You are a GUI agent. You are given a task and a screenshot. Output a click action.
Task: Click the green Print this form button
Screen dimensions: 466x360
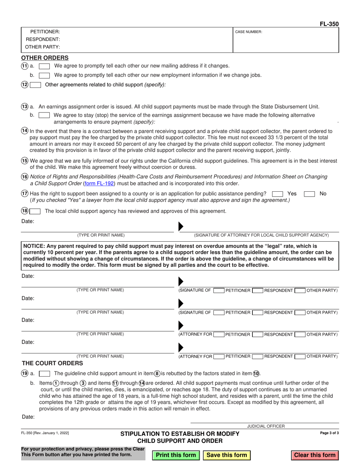[176, 455]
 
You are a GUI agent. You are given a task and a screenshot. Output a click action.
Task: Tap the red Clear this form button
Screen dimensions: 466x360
[315, 455]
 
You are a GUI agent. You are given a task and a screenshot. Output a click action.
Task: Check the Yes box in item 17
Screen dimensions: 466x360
[278, 194]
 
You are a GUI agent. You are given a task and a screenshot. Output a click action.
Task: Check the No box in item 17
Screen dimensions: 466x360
[310, 194]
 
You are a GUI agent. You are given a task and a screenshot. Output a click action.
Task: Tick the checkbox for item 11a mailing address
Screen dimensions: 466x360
[44, 66]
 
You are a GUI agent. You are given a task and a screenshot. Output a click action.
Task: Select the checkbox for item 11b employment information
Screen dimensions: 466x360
[44, 75]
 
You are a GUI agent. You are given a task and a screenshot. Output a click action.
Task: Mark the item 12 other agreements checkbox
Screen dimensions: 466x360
[36, 85]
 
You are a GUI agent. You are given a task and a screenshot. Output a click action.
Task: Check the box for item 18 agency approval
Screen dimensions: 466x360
[36, 211]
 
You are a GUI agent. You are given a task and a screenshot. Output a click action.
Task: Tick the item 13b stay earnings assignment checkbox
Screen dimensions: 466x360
[44, 115]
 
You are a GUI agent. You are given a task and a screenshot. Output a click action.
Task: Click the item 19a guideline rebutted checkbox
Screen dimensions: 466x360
[44, 374]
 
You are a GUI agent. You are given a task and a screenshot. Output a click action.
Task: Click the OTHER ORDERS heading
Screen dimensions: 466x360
[45, 58]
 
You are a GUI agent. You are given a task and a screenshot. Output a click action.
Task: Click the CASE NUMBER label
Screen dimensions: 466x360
[249, 32]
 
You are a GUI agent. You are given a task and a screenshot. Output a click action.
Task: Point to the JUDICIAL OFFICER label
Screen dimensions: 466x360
[266, 426]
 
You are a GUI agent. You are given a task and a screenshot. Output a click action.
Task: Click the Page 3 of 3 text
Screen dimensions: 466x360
[330, 433]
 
